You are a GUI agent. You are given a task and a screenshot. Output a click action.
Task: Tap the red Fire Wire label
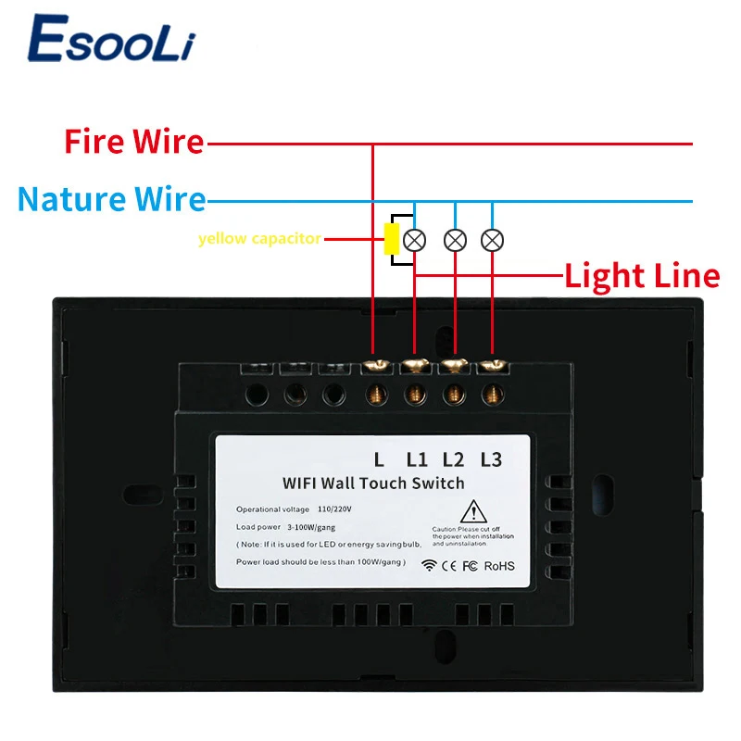pyautogui.click(x=134, y=142)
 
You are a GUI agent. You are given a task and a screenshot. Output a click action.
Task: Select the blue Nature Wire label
pyautogui.click(x=112, y=198)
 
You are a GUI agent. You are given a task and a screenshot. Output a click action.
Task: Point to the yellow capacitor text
pyautogui.click(x=259, y=239)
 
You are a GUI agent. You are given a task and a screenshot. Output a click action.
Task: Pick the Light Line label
pyautogui.click(x=642, y=275)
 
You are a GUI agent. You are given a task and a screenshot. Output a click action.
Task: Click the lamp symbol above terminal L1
pyautogui.click(x=415, y=240)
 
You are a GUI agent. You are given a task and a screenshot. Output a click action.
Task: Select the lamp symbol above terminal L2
pyautogui.click(x=454, y=240)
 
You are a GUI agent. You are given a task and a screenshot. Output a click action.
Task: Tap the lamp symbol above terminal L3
pyautogui.click(x=493, y=240)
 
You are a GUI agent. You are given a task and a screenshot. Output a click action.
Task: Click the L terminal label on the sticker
pyautogui.click(x=379, y=458)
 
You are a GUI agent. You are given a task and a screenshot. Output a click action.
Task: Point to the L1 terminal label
pyautogui.click(x=418, y=458)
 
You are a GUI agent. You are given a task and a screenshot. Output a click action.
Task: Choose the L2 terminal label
pyautogui.click(x=454, y=458)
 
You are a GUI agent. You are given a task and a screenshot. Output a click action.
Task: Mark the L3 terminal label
pyautogui.click(x=491, y=458)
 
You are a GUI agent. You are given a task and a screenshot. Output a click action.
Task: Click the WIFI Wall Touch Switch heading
pyautogui.click(x=373, y=483)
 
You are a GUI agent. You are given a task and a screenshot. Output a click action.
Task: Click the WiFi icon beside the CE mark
pyautogui.click(x=429, y=566)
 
